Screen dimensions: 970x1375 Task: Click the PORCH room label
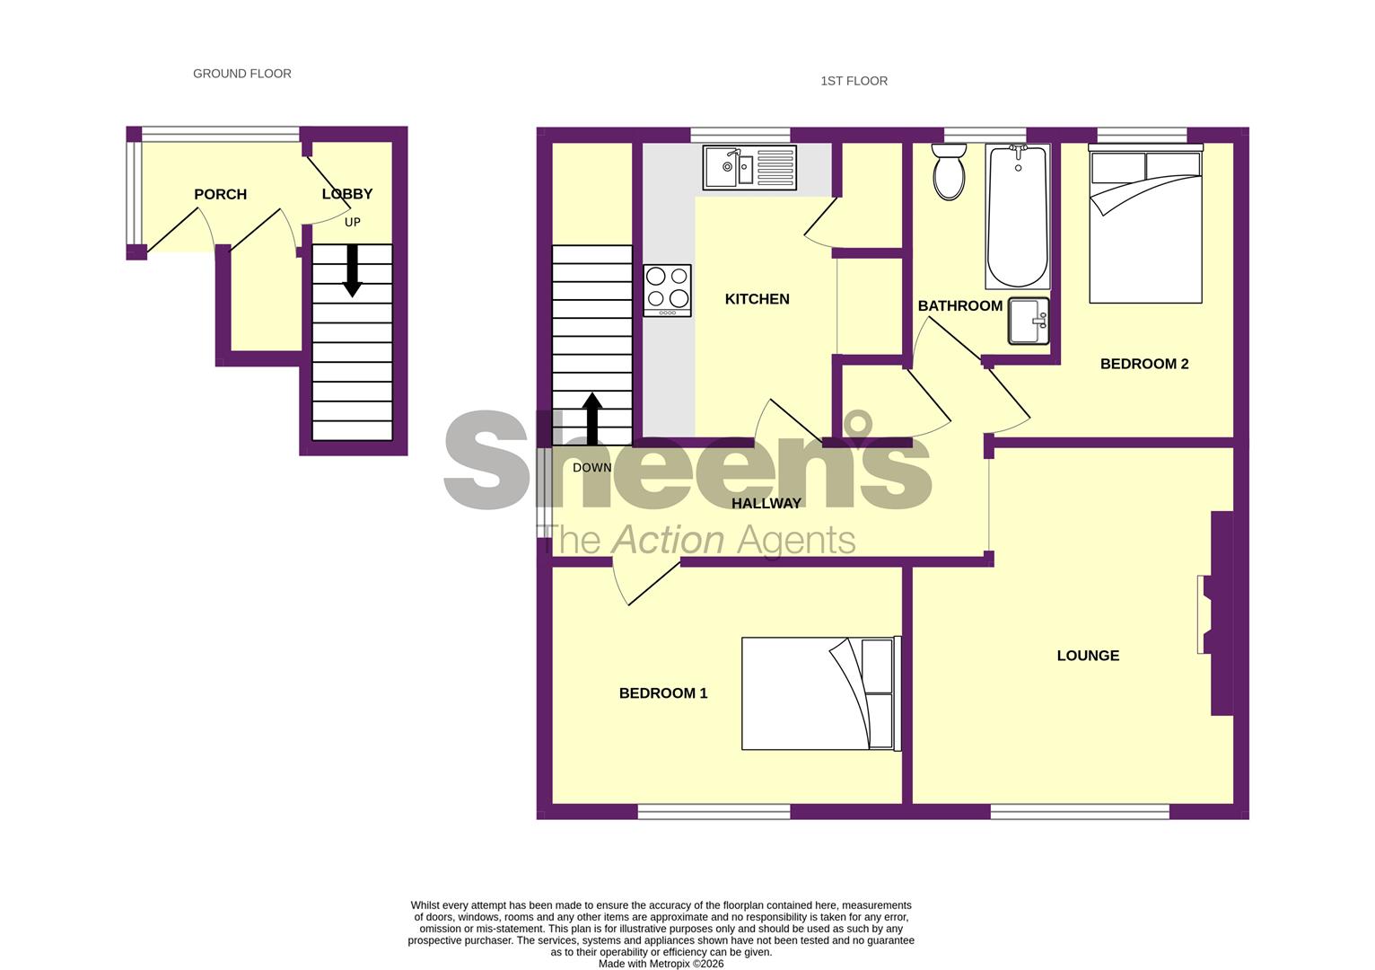pyautogui.click(x=220, y=194)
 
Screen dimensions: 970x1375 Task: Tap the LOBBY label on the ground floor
pyautogui.click(x=347, y=193)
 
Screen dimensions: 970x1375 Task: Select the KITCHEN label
pyautogui.click(x=757, y=299)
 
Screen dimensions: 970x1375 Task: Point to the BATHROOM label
pyautogui.click(x=959, y=305)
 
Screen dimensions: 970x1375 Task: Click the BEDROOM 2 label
pyautogui.click(x=1143, y=364)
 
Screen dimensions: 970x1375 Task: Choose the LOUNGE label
pyautogui.click(x=1088, y=656)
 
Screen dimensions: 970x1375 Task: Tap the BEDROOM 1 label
pyautogui.click(x=663, y=693)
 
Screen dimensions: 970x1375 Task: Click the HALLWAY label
pyautogui.click(x=766, y=504)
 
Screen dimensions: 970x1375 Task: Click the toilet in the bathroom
pyautogui.click(x=948, y=172)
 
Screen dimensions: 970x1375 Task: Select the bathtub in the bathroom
pyautogui.click(x=1017, y=216)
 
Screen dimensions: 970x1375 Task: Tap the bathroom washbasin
pyautogui.click(x=1028, y=322)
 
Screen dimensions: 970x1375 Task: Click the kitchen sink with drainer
pyautogui.click(x=749, y=168)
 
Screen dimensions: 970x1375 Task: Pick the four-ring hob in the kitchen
pyautogui.click(x=667, y=290)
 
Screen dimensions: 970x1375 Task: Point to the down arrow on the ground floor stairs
pyautogui.click(x=352, y=270)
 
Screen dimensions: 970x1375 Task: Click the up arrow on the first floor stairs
pyautogui.click(x=591, y=419)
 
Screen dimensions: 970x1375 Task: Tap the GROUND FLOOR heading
pyautogui.click(x=242, y=74)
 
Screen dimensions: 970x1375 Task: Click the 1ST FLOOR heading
pyautogui.click(x=854, y=81)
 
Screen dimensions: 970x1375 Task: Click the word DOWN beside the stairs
pyautogui.click(x=591, y=468)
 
